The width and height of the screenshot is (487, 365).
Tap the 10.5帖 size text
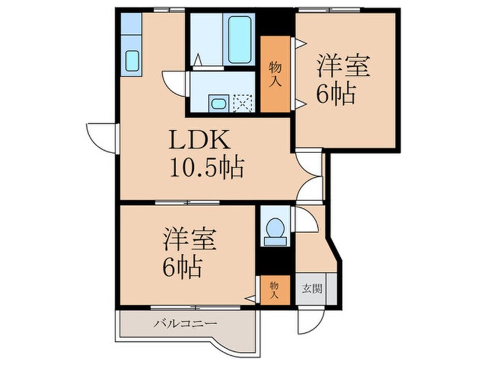206,168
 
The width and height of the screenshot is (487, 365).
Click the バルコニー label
185,324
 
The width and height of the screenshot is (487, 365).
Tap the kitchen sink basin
132,60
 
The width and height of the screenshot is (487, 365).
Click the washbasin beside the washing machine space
218,104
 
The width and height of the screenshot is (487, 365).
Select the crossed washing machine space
243,104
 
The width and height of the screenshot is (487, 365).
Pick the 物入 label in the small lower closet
273,290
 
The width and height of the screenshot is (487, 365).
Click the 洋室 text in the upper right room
341,65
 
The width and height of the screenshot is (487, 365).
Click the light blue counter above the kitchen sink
131,23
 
